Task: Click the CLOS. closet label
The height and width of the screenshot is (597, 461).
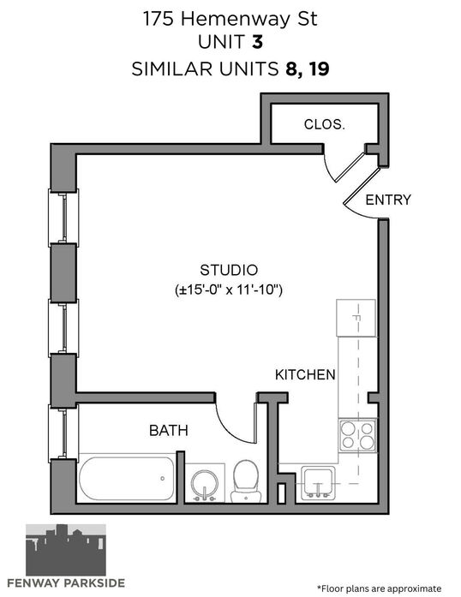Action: [324, 124]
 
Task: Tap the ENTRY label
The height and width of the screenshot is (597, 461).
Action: [388, 200]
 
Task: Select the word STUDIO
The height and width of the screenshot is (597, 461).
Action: [229, 270]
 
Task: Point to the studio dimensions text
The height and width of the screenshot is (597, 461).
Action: [229, 290]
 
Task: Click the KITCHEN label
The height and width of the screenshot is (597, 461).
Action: [305, 374]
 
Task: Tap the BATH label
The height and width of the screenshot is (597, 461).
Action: [169, 431]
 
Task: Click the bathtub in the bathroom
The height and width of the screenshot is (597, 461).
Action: [127, 478]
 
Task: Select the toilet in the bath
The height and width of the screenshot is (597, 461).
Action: [246, 481]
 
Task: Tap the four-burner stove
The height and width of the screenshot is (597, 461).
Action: [357, 436]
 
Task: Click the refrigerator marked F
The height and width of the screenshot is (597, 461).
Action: [356, 318]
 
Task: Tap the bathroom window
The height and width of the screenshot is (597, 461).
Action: [63, 433]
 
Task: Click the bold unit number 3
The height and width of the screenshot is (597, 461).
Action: [258, 41]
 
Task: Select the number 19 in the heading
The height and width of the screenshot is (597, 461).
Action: [319, 69]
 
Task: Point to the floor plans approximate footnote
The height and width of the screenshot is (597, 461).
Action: [379, 588]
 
